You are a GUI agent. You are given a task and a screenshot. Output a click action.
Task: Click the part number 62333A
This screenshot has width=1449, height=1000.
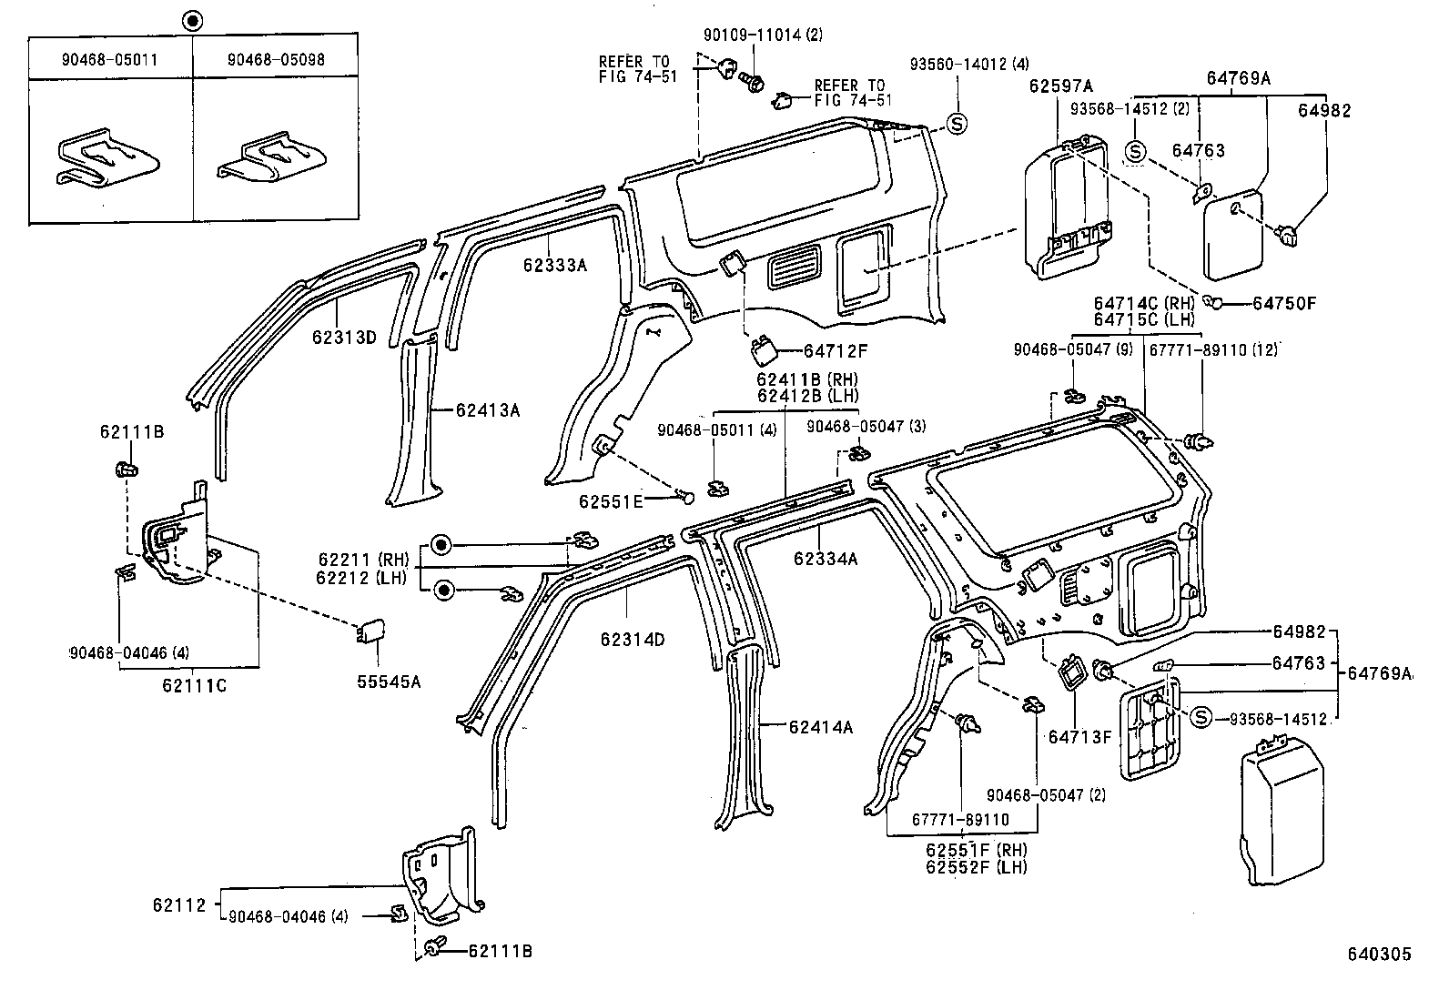coord(554,265)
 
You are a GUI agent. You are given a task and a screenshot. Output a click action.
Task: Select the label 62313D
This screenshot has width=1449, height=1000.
coord(343,337)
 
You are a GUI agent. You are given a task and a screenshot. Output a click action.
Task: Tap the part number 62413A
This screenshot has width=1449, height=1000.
coord(487,410)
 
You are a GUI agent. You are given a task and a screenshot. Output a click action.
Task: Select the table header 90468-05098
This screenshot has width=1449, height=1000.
coord(275,60)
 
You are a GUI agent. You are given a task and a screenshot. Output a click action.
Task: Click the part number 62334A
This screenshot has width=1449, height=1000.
coord(825,559)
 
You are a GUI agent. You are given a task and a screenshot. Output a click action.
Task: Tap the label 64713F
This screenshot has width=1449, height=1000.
coord(1079,736)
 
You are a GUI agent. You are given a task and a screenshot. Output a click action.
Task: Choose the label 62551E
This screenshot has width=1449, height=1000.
coord(610,501)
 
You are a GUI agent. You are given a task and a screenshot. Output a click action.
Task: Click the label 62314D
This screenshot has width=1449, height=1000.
coord(632,639)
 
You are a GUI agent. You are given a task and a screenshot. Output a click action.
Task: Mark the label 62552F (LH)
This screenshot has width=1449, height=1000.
coord(976,867)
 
